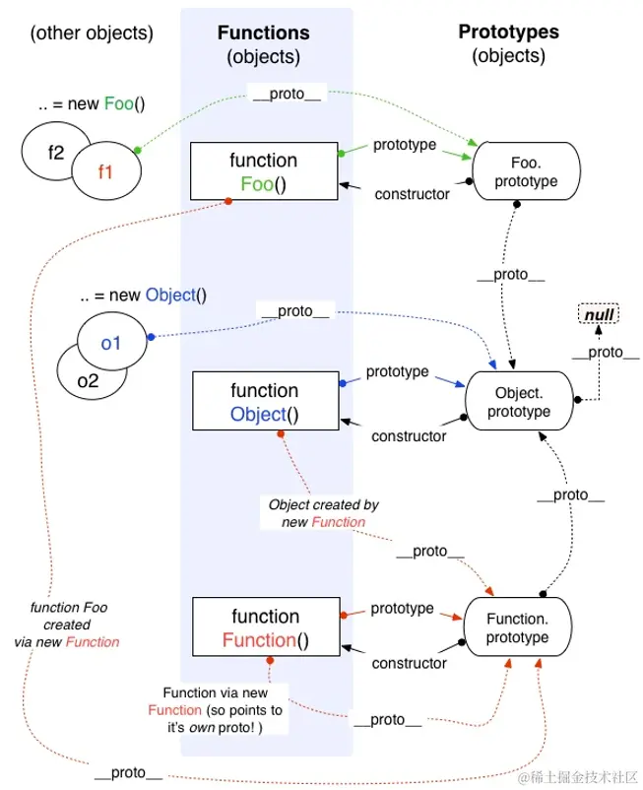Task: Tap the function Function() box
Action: click(265, 628)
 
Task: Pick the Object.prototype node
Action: click(522, 402)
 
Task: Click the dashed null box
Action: click(600, 315)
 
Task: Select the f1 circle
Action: click(104, 169)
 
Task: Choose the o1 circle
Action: click(110, 343)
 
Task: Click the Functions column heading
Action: click(263, 33)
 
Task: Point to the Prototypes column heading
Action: click(508, 33)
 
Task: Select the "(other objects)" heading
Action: click(92, 33)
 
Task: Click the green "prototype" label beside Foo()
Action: click(404, 145)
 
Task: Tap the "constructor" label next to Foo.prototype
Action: click(412, 193)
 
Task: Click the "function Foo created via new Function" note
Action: click(74, 625)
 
